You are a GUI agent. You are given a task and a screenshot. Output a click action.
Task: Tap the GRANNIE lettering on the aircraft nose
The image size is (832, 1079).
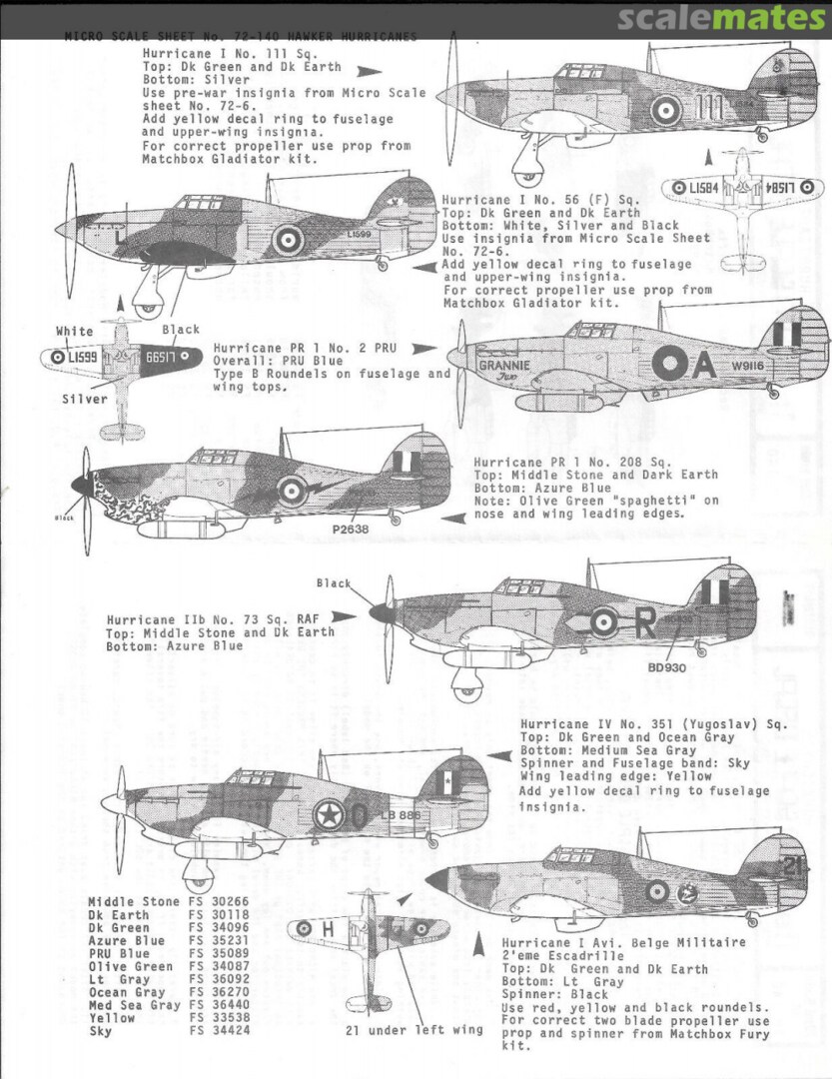point(503,364)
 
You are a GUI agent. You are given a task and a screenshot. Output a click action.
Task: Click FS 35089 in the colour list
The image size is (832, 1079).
point(216,953)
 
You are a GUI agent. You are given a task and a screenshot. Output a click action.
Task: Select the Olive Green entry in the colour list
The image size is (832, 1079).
point(131,966)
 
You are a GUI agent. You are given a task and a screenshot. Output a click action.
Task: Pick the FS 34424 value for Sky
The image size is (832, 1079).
point(216,1031)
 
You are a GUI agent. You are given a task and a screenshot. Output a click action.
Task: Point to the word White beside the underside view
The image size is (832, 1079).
point(75,331)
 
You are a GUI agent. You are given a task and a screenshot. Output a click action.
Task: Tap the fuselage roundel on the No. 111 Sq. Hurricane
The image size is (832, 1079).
point(666,111)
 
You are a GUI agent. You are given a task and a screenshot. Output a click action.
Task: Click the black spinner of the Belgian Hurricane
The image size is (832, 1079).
point(437,880)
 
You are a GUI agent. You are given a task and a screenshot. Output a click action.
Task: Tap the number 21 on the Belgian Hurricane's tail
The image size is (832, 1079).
point(793,867)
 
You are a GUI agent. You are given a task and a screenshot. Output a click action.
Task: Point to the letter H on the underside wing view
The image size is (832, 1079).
point(328,929)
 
